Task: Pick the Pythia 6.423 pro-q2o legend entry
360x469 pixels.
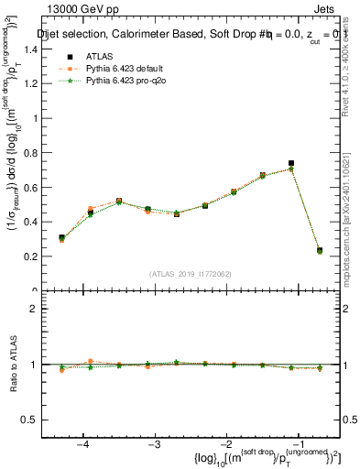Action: [118, 81]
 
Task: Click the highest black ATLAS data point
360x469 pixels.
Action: [290, 163]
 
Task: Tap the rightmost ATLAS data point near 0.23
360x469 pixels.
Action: [320, 250]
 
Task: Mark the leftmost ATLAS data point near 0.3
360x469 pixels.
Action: [61, 238]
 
